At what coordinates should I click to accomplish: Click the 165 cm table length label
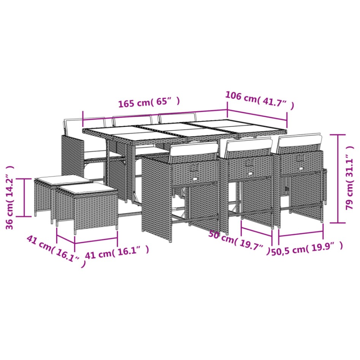coord(149,103)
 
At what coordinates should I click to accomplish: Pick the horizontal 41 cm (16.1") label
coord(116,252)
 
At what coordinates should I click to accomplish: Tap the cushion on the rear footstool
coord(59,179)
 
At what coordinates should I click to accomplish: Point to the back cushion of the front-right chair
coord(300,141)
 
